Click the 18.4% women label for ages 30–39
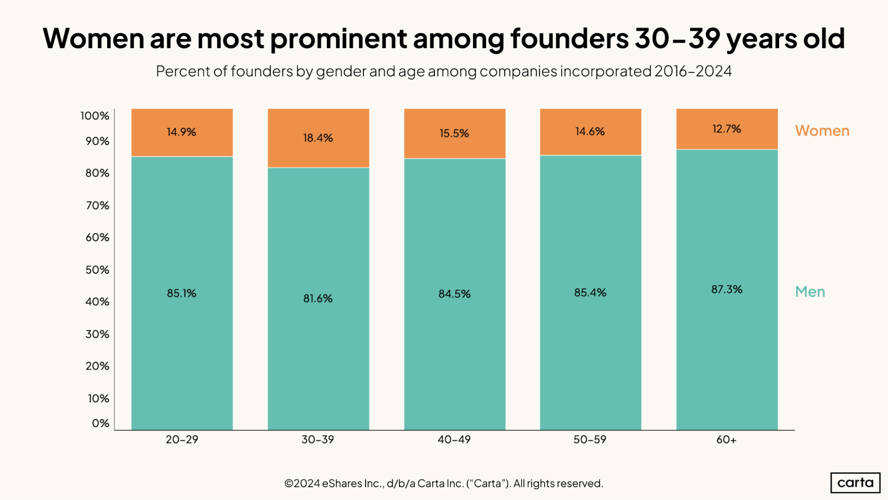click(x=318, y=138)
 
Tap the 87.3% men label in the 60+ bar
click(x=727, y=289)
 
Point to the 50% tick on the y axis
click(x=97, y=270)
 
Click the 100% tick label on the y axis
click(x=95, y=116)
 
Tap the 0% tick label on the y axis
click(x=100, y=423)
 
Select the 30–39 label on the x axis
click(x=318, y=440)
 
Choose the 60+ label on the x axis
click(x=726, y=440)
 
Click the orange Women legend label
click(x=822, y=131)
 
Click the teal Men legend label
click(x=810, y=292)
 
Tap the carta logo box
click(x=855, y=483)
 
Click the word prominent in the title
click(x=338, y=39)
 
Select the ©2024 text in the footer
click(x=302, y=483)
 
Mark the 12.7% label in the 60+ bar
click(x=727, y=129)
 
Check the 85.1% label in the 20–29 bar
click(x=182, y=293)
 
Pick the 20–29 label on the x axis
click(x=182, y=440)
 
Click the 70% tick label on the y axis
click(x=97, y=205)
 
